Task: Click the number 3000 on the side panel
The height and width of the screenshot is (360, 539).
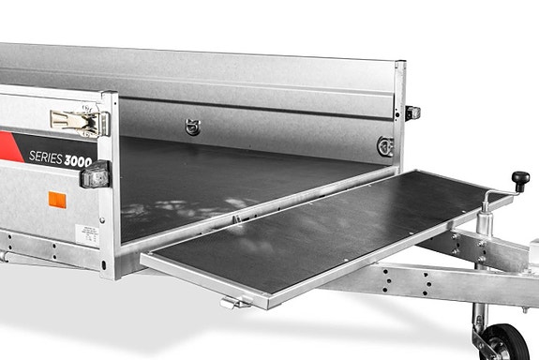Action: pos(80,161)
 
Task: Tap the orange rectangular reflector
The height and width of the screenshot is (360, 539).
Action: pos(57,199)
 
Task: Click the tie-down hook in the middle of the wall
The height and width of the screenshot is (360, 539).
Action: pos(193,126)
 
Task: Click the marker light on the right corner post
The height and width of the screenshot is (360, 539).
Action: pos(412,112)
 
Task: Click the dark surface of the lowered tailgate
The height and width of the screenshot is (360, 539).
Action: pos(328,234)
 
